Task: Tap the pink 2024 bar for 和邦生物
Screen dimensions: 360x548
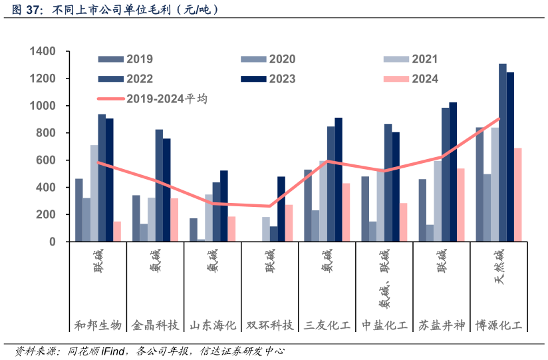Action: pyautogui.click(x=117, y=232)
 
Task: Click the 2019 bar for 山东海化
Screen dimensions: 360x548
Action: pyautogui.click(x=194, y=230)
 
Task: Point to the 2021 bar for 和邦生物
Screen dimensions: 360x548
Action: pyautogui.click(x=94, y=193)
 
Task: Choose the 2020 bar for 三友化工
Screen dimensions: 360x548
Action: pyautogui.click(x=315, y=226)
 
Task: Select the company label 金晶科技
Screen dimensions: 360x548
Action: pyautogui.click(x=155, y=325)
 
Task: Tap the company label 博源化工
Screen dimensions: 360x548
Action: pyautogui.click(x=499, y=325)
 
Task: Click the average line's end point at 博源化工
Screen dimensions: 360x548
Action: pyautogui.click(x=499, y=119)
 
